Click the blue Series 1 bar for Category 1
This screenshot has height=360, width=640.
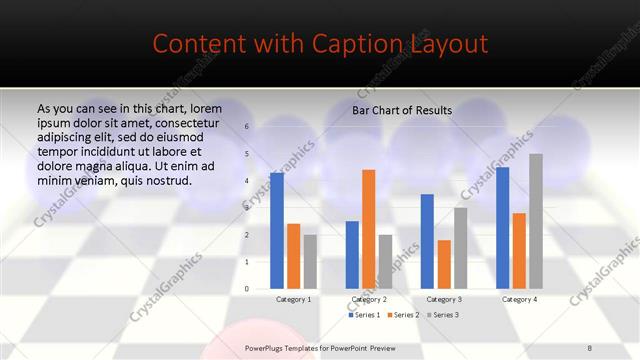(276, 231)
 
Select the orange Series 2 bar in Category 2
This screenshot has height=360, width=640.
(368, 229)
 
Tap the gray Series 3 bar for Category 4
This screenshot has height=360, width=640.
(536, 221)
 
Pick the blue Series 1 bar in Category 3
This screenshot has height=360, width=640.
(427, 241)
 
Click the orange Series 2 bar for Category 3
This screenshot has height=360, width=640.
(444, 264)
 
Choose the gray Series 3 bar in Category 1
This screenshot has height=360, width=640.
(310, 262)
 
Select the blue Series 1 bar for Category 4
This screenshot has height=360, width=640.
(502, 228)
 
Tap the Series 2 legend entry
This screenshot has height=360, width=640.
(402, 315)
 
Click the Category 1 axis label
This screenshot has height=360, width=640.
(293, 299)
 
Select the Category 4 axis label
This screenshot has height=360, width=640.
(519, 299)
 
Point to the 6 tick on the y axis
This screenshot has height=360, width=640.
(247, 127)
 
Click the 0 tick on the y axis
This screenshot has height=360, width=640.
(247, 289)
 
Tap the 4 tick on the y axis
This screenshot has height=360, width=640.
(247, 181)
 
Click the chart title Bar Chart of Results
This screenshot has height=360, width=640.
(401, 110)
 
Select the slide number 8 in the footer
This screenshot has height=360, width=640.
(589, 347)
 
